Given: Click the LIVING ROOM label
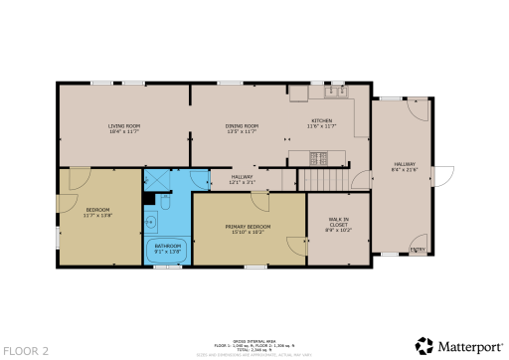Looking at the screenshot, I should [124, 127].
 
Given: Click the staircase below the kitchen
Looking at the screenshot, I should [325, 179].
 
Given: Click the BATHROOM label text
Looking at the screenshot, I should [167, 247].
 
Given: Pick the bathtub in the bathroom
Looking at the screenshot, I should [167, 250].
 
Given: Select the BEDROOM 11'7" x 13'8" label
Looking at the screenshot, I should [96, 212].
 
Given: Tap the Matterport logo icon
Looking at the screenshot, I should [424, 345].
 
